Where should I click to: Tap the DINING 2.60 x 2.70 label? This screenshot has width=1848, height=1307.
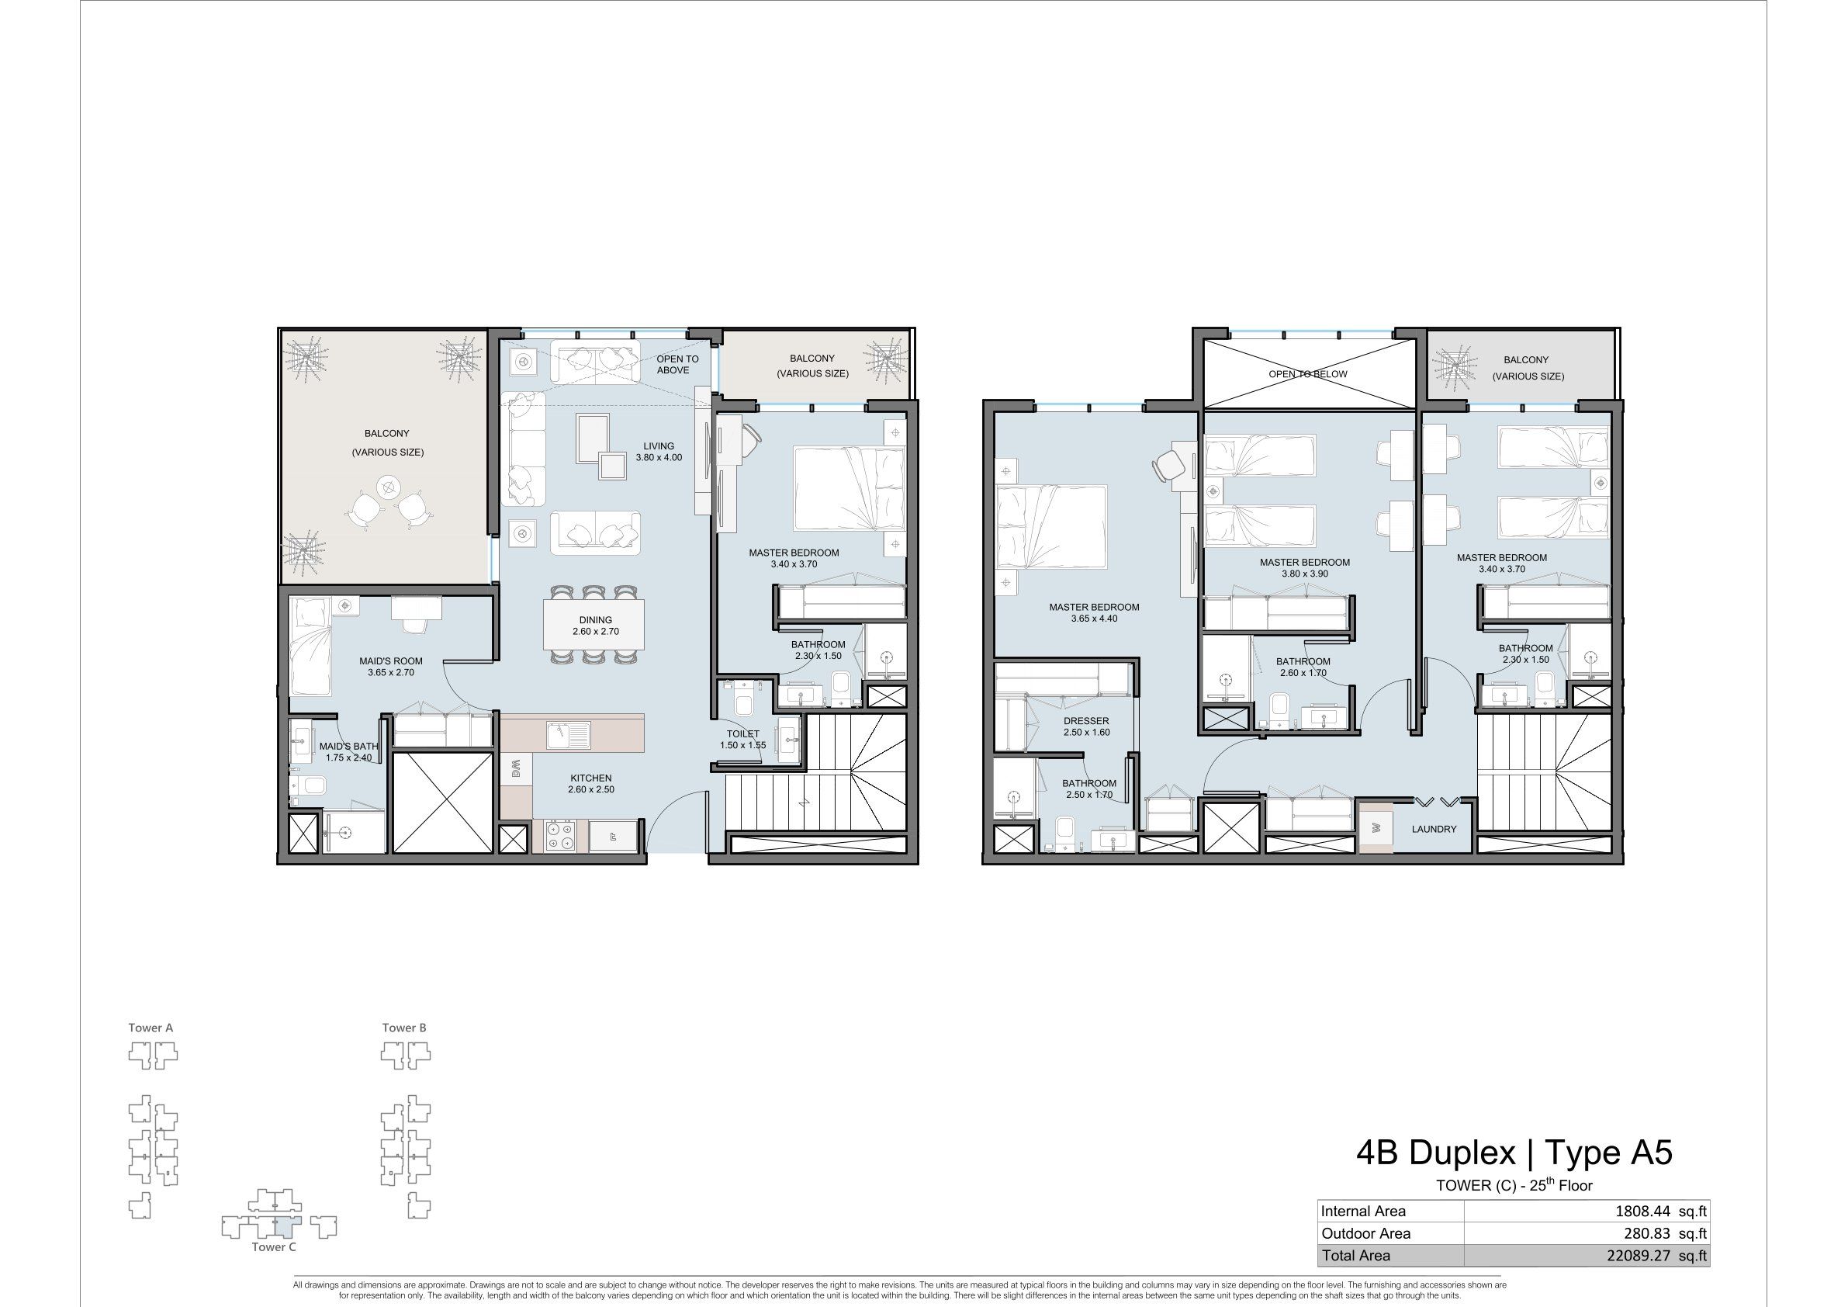(x=596, y=626)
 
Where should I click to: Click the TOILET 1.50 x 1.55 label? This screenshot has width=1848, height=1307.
(x=743, y=740)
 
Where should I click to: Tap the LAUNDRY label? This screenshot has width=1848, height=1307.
(x=1434, y=829)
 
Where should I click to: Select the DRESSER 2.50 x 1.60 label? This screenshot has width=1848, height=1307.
(x=1086, y=726)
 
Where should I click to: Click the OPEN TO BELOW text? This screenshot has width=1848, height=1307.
(x=1308, y=373)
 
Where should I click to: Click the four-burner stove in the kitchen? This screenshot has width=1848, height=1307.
(x=559, y=835)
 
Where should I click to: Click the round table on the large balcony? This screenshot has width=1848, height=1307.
(x=389, y=487)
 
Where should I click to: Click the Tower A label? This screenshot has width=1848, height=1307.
(x=151, y=1028)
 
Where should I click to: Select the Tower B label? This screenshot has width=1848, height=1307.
(x=404, y=1028)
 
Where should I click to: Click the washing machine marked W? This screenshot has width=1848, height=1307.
(x=1375, y=827)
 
